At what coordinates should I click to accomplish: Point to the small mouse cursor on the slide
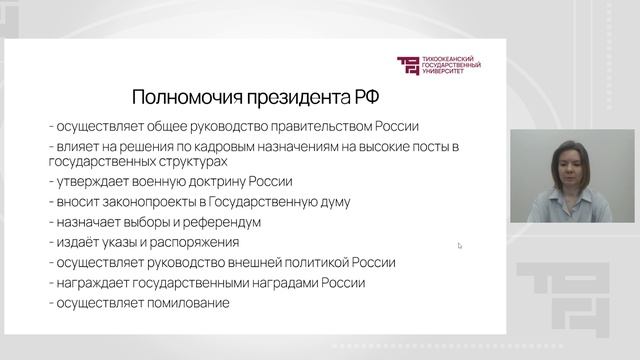click(x=460, y=245)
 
